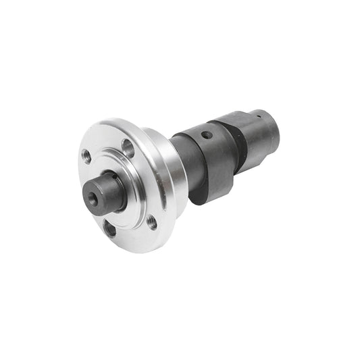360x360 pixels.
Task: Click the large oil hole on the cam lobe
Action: [x=207, y=135]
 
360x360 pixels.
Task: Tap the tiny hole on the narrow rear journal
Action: [x=259, y=115]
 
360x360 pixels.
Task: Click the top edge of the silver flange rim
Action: [x=111, y=122]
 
